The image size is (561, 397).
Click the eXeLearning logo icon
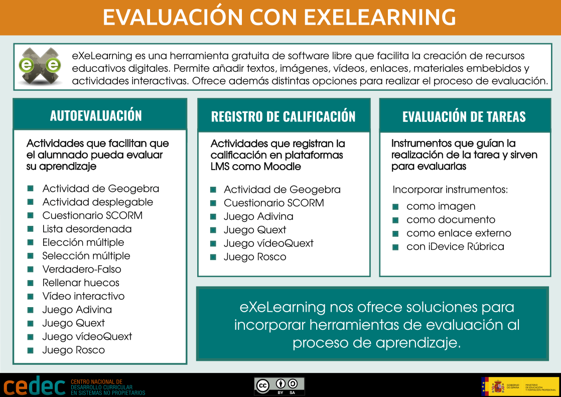(40, 66)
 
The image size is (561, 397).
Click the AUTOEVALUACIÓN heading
(96, 116)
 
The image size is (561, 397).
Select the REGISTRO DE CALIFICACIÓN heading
(283, 117)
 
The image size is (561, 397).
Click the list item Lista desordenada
(87, 229)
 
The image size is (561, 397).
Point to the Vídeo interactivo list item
(83, 297)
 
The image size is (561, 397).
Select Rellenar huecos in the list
(81, 283)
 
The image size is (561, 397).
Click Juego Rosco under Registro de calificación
(255, 257)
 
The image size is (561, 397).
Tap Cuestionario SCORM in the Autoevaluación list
(92, 216)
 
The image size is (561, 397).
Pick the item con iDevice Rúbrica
(455, 247)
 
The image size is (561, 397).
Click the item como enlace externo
(459, 233)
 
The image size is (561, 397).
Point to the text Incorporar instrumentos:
(450, 190)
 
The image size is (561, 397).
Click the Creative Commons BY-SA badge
(279, 385)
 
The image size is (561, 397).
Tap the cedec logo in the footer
(34, 386)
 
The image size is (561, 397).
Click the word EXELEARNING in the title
(380, 18)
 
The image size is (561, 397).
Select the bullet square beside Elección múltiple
(31, 242)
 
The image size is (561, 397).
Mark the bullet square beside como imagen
(395, 207)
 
